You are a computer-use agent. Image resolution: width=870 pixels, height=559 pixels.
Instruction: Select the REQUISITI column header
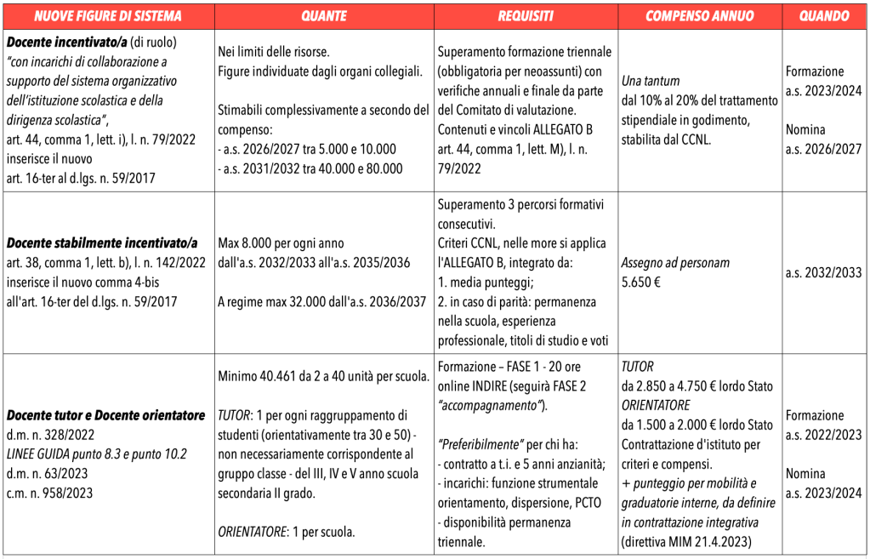tap(526, 16)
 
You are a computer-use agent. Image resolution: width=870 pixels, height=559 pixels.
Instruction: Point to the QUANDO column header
tap(824, 16)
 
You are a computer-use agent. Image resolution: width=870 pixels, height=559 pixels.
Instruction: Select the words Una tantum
tap(651, 81)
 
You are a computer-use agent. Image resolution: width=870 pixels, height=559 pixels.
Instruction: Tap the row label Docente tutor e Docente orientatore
tap(106, 415)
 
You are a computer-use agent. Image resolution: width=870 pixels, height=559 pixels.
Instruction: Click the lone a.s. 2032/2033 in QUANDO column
tap(824, 272)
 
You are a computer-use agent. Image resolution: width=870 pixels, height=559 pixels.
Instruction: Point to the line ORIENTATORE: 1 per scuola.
tap(286, 532)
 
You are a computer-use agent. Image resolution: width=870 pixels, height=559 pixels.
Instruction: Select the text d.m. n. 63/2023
tap(51, 473)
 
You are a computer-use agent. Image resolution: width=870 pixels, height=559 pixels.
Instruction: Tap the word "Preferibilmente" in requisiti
tap(481, 444)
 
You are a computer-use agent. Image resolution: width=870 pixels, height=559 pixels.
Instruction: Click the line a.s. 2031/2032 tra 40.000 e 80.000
tap(310, 168)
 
